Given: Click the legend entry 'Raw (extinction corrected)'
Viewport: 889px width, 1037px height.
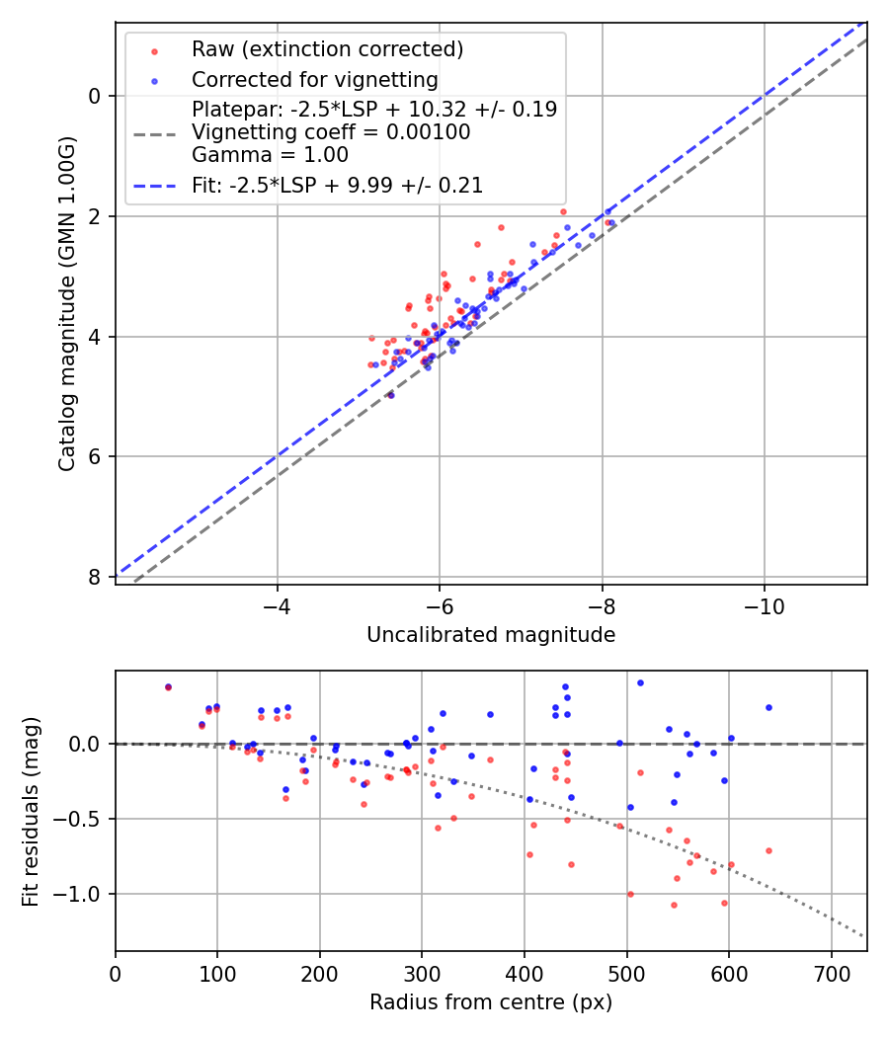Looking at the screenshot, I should [327, 49].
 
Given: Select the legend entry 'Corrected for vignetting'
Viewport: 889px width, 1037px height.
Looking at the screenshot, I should [315, 79].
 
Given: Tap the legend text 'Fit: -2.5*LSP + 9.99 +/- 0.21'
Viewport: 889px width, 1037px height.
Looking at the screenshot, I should [337, 185].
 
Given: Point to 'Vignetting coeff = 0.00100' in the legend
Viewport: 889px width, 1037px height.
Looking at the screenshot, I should [331, 132].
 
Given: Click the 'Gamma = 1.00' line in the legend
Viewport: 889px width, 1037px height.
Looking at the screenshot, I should [270, 155].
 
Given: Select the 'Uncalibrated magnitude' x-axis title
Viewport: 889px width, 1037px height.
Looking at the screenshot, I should [491, 635].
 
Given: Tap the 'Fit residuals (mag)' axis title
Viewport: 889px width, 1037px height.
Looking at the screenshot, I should [31, 811].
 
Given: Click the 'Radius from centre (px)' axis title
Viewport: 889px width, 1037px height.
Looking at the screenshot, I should [491, 1002].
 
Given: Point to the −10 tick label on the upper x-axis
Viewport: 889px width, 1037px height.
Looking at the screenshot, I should [764, 605].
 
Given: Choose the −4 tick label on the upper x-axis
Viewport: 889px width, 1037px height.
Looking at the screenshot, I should [277, 605].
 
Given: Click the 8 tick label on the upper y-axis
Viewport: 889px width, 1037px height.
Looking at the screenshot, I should [95, 577].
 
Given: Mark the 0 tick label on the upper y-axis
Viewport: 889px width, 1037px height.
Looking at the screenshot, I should [95, 96].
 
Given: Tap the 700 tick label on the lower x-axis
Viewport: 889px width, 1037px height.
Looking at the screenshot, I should [831, 972].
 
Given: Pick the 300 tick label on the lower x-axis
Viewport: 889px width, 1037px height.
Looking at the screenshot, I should [422, 972].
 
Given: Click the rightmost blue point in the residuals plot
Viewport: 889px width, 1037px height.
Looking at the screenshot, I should [768, 707].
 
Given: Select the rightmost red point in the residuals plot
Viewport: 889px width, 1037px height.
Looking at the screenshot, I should [768, 850].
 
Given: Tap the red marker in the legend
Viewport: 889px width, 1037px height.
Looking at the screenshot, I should [153, 50].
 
